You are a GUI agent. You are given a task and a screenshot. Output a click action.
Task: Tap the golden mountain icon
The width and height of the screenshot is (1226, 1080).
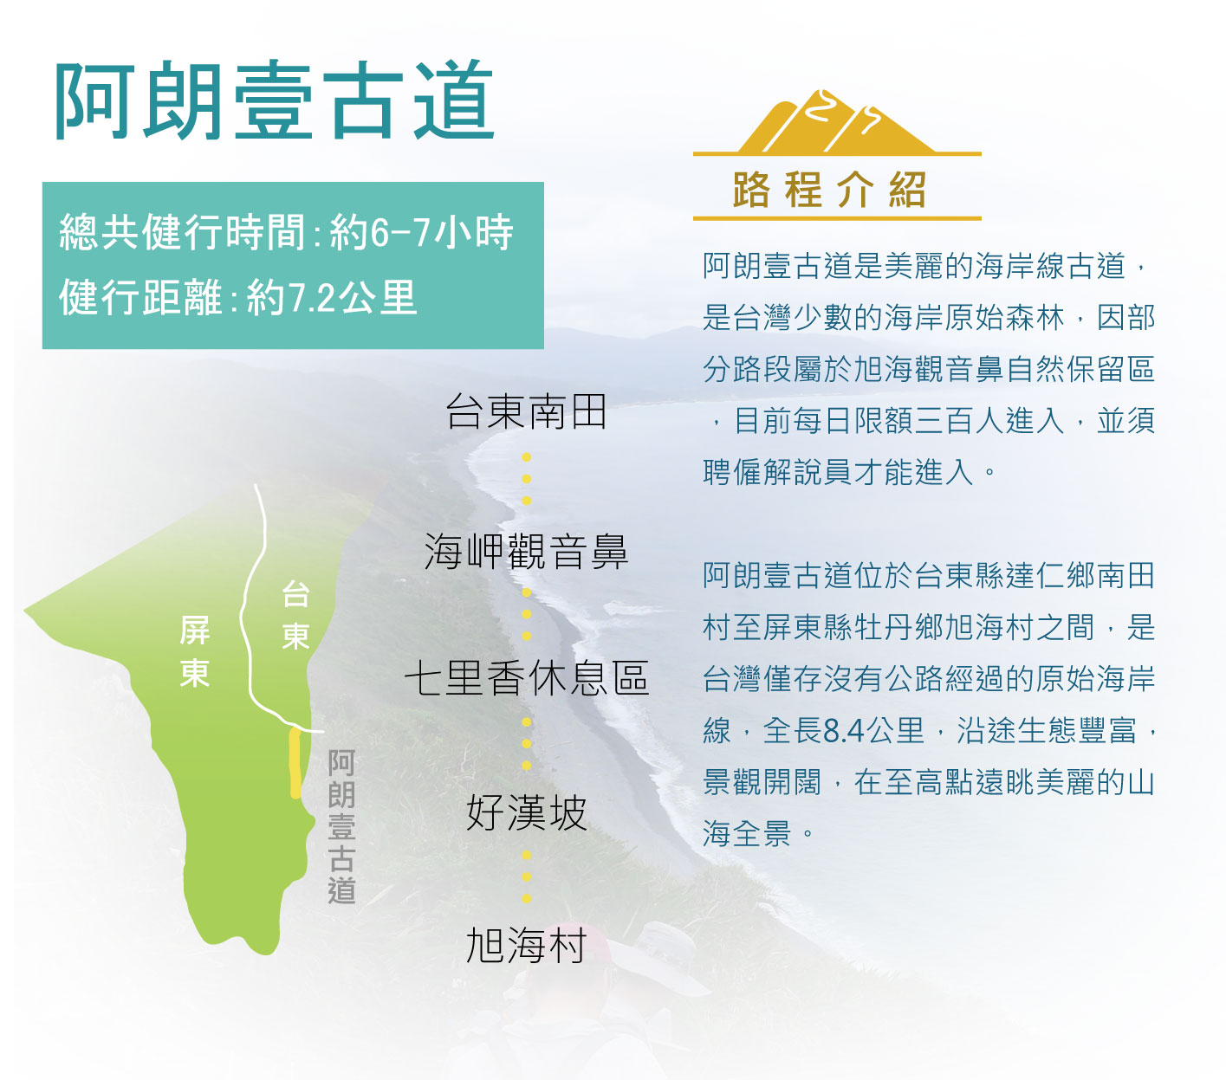click(836, 123)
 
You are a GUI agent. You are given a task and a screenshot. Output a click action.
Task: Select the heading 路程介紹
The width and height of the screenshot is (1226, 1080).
click(829, 190)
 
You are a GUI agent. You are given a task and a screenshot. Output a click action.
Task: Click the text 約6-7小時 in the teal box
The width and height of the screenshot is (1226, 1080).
click(421, 232)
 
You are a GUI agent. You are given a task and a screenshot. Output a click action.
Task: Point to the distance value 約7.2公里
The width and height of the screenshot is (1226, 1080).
click(332, 297)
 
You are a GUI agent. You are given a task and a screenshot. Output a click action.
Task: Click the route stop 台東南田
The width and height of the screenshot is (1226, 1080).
click(526, 411)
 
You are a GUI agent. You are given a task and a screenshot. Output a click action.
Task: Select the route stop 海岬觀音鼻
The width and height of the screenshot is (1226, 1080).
click(526, 551)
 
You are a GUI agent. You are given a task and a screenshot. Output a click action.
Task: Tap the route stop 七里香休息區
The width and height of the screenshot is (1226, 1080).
click(526, 677)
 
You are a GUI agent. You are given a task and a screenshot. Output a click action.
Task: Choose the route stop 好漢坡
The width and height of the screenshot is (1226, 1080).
click(526, 812)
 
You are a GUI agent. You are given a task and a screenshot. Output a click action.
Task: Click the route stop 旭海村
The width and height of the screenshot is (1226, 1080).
click(526, 946)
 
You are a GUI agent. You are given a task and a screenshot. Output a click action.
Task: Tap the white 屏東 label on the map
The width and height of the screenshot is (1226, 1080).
click(195, 651)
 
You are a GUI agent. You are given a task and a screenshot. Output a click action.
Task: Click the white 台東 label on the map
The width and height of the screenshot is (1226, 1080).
click(296, 614)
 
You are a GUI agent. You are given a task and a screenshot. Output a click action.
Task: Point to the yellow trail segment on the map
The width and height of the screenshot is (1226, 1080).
click(295, 763)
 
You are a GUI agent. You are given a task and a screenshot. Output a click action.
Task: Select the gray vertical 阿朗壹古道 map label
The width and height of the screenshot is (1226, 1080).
click(341, 826)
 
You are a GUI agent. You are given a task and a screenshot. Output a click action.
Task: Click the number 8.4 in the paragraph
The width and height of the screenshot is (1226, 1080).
click(843, 730)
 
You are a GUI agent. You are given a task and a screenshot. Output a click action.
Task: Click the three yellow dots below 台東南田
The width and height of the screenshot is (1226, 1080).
click(527, 479)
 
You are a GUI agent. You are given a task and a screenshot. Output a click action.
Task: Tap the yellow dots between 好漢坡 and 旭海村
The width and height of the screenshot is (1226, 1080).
click(527, 876)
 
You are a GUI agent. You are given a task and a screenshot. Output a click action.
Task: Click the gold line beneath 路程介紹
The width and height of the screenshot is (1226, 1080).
click(837, 218)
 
